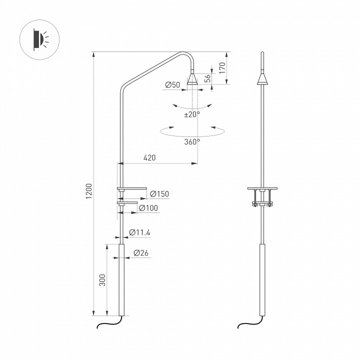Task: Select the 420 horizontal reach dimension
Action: (x=149, y=157)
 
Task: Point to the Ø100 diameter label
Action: (x=148, y=208)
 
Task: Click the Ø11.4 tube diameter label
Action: (x=139, y=232)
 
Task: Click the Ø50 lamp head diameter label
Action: (x=172, y=85)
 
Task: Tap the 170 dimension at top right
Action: (x=222, y=68)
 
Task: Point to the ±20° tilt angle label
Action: (x=192, y=114)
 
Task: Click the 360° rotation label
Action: (x=191, y=141)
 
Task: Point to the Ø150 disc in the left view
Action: (x=131, y=189)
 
